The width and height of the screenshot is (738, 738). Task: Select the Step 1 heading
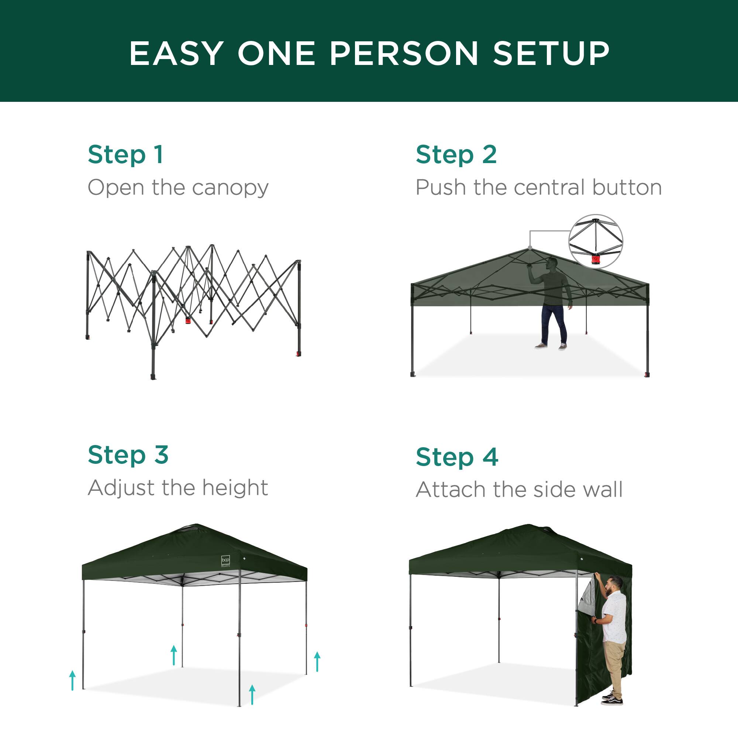click(126, 155)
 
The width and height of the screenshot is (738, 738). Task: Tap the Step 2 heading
click(456, 155)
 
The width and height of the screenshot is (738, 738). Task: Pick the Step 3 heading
click(128, 455)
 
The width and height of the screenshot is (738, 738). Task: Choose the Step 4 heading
click(457, 457)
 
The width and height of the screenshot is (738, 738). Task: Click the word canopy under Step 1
click(230, 188)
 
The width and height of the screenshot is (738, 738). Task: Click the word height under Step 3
click(235, 488)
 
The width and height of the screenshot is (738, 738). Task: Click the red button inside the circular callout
click(595, 260)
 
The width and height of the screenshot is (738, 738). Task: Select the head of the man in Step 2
click(552, 263)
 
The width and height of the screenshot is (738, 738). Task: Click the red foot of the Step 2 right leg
click(647, 374)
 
